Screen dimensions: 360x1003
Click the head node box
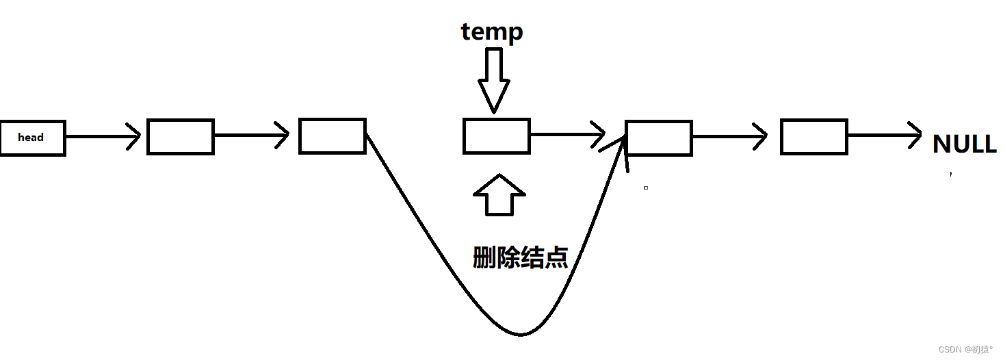tap(32, 138)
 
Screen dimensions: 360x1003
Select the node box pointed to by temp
tap(496, 136)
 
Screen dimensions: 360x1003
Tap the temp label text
tap(492, 32)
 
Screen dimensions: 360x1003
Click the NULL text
tap(964, 144)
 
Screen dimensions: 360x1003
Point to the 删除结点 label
tap(520, 257)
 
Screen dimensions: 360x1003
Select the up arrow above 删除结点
tap(499, 195)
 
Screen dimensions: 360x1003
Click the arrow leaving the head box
tap(103, 137)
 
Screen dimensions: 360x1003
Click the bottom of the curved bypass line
tap(520, 334)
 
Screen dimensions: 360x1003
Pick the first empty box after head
tap(181, 136)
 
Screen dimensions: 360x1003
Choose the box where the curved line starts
tap(333, 136)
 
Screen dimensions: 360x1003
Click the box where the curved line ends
tap(658, 137)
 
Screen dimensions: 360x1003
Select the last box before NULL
tap(813, 136)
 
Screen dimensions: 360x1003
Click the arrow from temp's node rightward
tap(567, 134)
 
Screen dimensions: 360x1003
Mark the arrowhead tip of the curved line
tap(625, 139)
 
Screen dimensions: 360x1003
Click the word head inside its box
tap(31, 138)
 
